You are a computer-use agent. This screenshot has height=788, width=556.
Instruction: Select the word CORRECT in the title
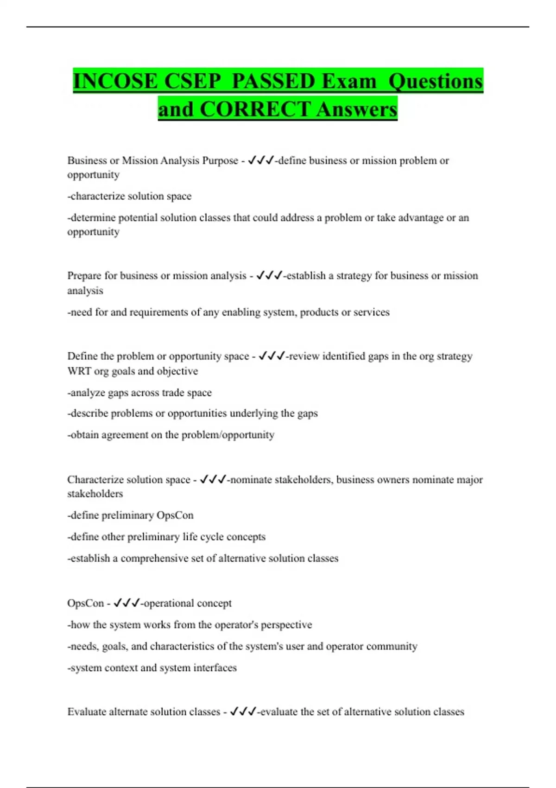click(x=255, y=109)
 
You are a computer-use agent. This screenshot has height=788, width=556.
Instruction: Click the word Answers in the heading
click(x=357, y=109)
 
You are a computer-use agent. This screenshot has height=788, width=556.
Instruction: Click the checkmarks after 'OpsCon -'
click(x=126, y=603)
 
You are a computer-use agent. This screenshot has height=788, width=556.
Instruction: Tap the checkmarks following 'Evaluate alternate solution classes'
click(x=243, y=712)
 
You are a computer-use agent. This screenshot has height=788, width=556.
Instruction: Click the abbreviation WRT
click(x=79, y=371)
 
